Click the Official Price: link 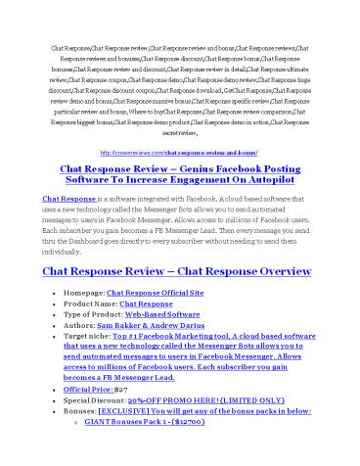(87, 389)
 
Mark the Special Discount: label (93, 398)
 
